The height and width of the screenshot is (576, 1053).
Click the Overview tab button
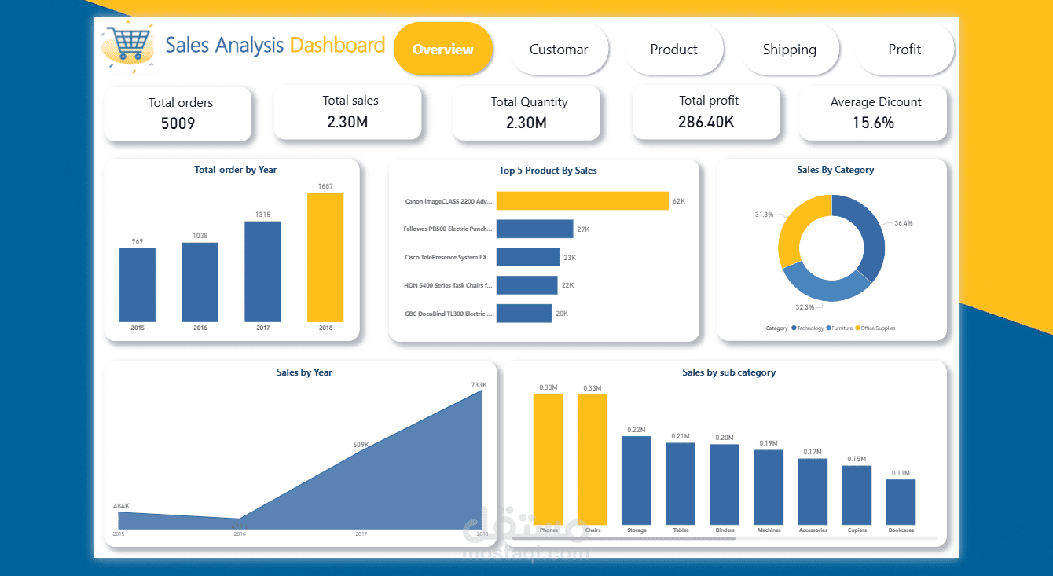[442, 49]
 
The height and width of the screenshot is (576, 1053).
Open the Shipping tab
[789, 50]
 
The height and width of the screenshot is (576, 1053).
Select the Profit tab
[904, 50]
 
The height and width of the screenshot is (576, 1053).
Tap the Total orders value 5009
[178, 123]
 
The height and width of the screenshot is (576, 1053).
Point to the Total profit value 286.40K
[706, 122]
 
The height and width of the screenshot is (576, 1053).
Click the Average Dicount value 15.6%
[873, 123]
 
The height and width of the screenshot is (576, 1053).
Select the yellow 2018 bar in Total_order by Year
[325, 257]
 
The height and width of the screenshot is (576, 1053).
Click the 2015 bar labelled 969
[138, 284]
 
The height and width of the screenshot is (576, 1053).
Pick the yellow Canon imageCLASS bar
[582, 200]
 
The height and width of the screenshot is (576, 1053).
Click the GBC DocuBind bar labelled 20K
[523, 314]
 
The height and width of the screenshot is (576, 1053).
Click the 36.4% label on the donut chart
[904, 223]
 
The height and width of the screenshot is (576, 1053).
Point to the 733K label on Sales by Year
[479, 384]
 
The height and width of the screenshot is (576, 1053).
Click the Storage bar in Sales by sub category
[637, 479]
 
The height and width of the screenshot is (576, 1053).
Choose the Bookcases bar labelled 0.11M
[901, 501]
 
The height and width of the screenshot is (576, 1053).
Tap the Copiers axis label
[857, 530]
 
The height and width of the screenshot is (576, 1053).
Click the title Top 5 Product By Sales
[548, 170]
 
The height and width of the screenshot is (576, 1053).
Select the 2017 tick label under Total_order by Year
[262, 328]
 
